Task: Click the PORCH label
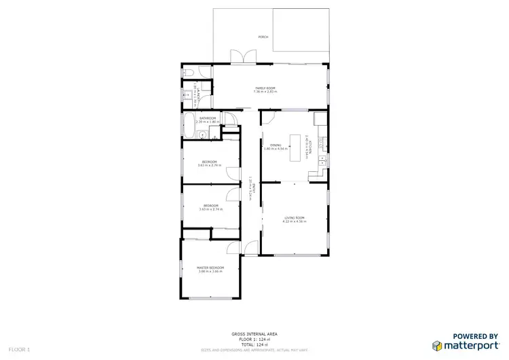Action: [263, 37]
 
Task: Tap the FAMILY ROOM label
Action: [265, 88]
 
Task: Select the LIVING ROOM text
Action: [295, 217]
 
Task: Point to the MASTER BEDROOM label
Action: [210, 268]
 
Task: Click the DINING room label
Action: [276, 145]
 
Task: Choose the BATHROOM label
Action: [208, 119]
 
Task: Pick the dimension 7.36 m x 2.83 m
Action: [265, 92]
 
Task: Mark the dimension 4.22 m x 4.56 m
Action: [295, 221]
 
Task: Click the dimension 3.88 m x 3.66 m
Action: [210, 272]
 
